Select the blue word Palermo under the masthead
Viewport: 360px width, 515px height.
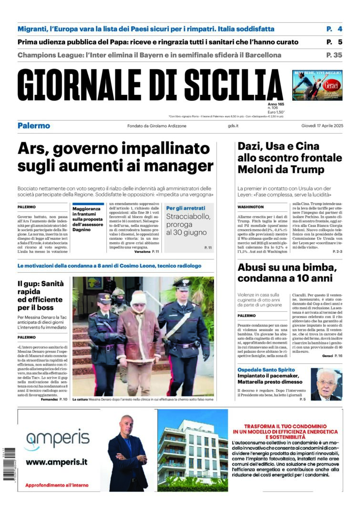[34, 126]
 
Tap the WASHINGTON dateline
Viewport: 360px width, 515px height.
[251, 207]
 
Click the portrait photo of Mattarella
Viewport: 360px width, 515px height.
[326, 384]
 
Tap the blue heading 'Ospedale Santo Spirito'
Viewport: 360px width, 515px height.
[266, 370]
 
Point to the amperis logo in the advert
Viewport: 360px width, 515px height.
[57, 439]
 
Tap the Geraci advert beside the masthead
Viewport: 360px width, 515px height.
[317, 85]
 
